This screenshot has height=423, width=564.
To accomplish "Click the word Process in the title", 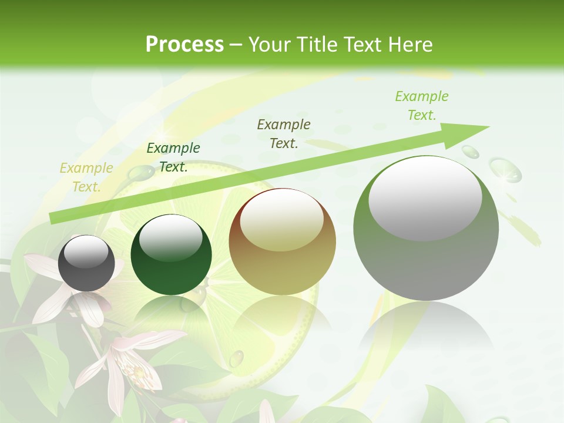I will [x=184, y=44].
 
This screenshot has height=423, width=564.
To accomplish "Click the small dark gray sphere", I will [x=87, y=263].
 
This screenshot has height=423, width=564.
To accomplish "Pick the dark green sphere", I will [x=171, y=255].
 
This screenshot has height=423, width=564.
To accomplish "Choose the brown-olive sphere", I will [x=282, y=241].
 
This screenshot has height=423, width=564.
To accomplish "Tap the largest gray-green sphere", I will [x=426, y=229].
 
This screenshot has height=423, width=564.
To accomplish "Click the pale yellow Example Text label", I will [x=86, y=177].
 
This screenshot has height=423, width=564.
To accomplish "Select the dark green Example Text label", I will [x=173, y=157].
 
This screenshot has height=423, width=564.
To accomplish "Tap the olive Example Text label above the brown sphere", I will [x=284, y=133].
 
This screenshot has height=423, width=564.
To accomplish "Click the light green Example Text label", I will [x=422, y=106].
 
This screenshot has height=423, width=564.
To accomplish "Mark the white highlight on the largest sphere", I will [x=425, y=198].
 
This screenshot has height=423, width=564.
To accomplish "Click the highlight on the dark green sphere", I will [x=170, y=238].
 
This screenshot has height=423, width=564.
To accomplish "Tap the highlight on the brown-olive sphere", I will [x=281, y=219].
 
